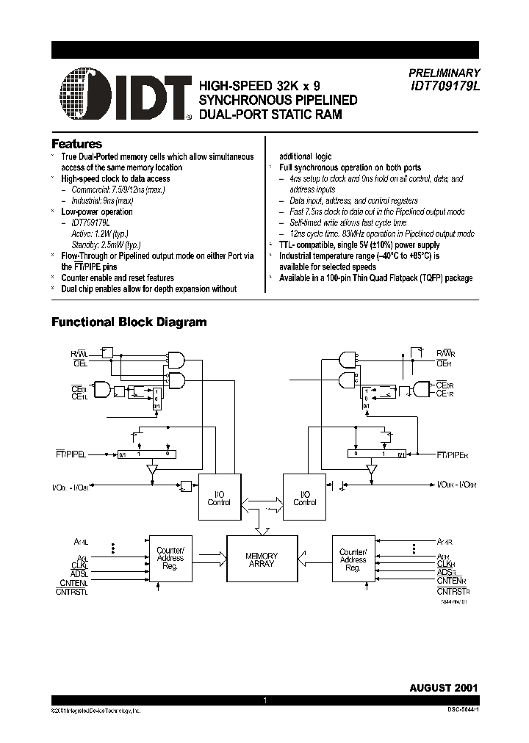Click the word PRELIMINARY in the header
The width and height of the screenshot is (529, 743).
444,73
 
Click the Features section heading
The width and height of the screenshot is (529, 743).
76,144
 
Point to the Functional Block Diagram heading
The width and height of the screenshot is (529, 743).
129,322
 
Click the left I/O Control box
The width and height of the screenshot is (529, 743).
220,499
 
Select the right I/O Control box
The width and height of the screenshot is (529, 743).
305,499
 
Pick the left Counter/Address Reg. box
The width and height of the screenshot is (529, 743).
170,559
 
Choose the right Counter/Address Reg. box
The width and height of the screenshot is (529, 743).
353,559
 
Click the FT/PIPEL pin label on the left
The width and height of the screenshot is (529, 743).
71,454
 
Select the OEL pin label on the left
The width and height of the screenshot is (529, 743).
81,362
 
